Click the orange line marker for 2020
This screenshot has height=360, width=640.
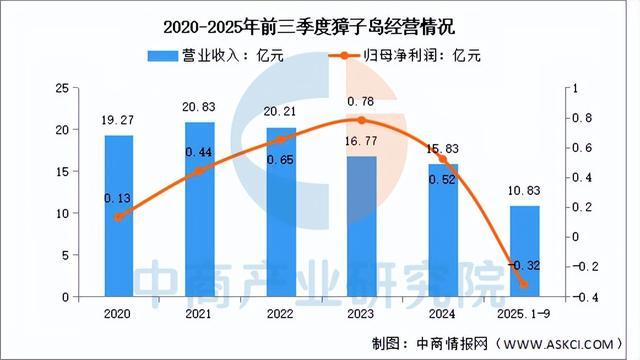tap(120, 217)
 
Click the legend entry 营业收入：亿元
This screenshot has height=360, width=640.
tap(215, 55)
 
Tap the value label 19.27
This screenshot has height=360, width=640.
tap(119, 122)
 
